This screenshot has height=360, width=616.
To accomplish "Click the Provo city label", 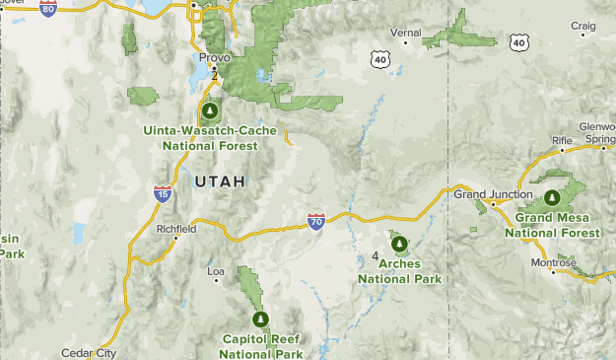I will point(214,57).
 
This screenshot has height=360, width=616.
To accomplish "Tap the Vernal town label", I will point(405,33).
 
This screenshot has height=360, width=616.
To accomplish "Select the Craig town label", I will point(583,25).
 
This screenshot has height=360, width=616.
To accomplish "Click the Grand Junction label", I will point(493,194).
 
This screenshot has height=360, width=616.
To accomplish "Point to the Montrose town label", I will point(553,262).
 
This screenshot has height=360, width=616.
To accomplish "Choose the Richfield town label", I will point(176,229).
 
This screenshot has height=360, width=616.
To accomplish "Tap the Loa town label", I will point(216,269).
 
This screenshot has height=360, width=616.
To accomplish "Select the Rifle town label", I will point(562,140).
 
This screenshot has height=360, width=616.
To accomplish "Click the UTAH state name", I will point(220,181).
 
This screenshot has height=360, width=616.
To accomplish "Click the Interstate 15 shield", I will point(163,192).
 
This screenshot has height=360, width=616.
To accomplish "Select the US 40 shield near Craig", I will point(519,41).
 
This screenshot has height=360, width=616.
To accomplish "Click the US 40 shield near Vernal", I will point(380,59).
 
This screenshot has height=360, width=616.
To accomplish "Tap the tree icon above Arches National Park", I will point(399,244).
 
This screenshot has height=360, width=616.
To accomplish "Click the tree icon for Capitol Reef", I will point(261,320).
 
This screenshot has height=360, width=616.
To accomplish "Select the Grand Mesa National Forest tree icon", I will point(552,196).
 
